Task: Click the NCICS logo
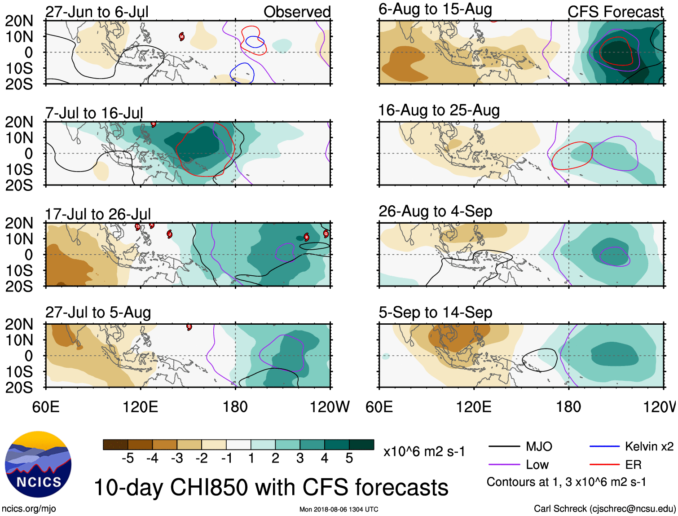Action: (x=38, y=464)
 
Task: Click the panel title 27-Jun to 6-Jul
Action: (x=97, y=12)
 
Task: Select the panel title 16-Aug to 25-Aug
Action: (x=439, y=110)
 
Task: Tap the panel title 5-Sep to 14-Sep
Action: (x=435, y=312)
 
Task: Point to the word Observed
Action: (x=297, y=12)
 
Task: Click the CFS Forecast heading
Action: (x=615, y=12)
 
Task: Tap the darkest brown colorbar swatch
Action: (x=115, y=445)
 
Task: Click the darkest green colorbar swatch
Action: (x=361, y=445)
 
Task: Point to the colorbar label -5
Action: (x=128, y=458)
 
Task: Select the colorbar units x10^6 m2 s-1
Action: (x=424, y=451)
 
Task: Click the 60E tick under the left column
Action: (x=46, y=407)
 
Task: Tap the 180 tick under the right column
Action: (x=568, y=407)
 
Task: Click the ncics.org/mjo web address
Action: (x=29, y=509)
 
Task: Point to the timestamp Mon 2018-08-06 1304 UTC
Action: (x=339, y=509)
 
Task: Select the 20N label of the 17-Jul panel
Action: (x=19, y=223)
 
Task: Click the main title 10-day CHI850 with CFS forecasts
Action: (x=271, y=487)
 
